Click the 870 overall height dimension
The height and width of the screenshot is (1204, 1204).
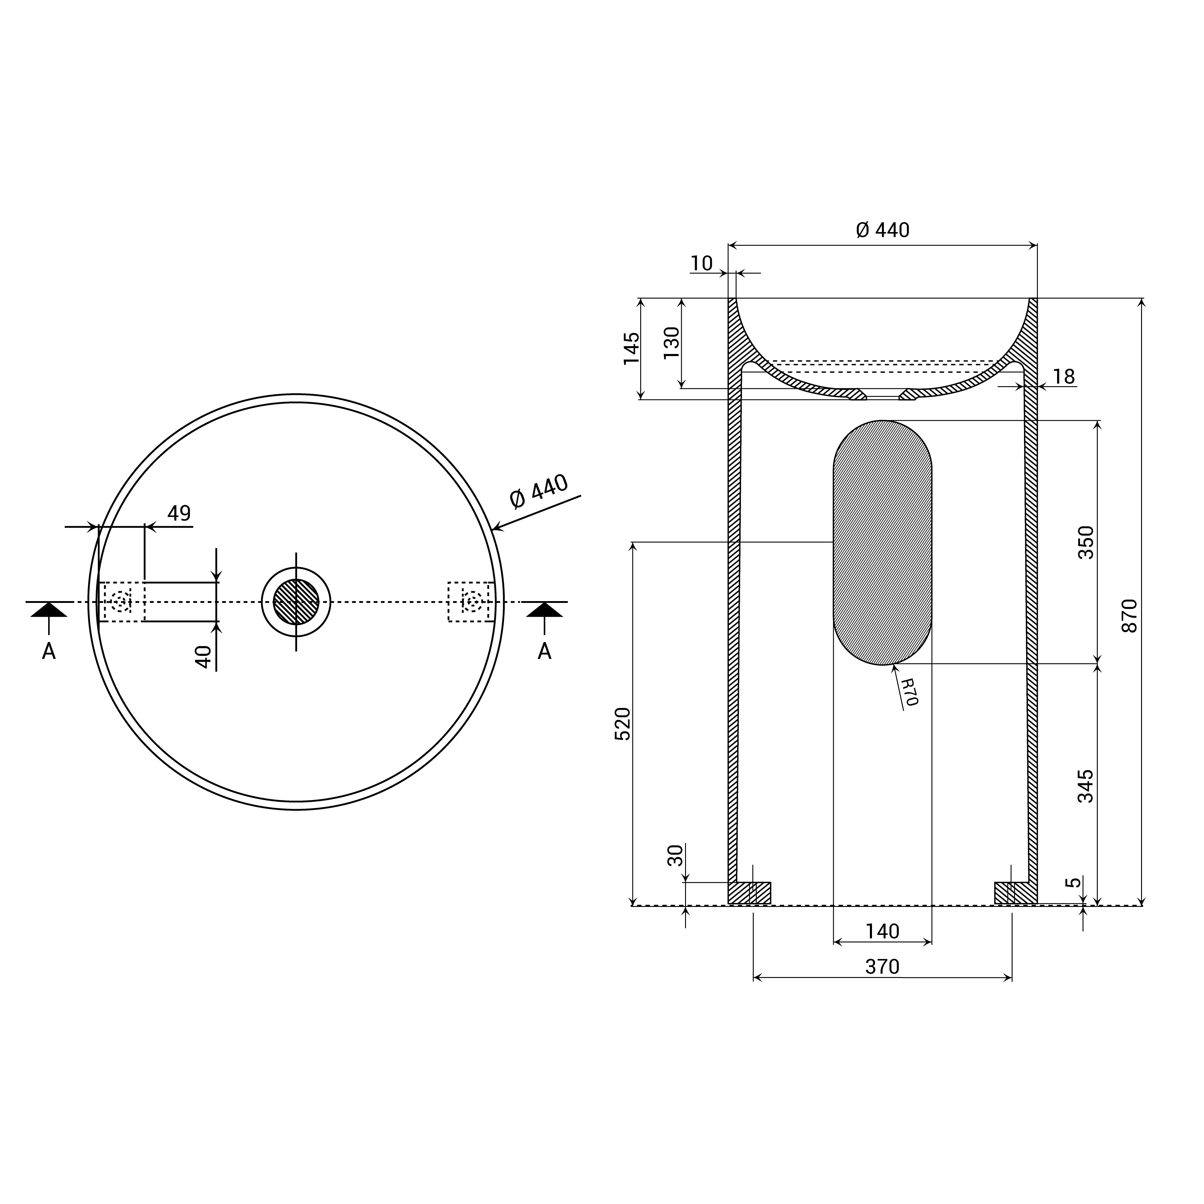(1129, 616)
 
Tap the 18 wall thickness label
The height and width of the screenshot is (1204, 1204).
(1064, 377)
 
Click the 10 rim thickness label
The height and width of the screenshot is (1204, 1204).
(701, 264)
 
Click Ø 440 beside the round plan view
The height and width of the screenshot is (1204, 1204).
(538, 492)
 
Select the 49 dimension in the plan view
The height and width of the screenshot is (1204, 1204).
(179, 513)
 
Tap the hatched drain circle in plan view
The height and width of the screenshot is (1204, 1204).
(296, 601)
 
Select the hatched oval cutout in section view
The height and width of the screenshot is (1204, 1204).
(883, 542)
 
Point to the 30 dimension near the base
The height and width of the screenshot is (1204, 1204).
(675, 855)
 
